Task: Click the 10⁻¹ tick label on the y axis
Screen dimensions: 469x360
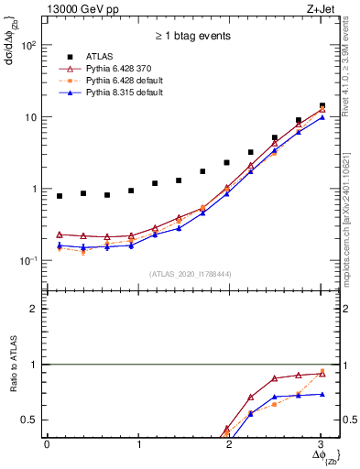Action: pos(30,261)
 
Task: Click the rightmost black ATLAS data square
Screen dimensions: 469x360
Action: pos(321,106)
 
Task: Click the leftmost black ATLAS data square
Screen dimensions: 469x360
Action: pos(60,196)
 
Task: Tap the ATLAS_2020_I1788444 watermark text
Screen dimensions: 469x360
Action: pos(184,274)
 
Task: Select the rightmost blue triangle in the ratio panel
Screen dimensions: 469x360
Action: pos(321,394)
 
